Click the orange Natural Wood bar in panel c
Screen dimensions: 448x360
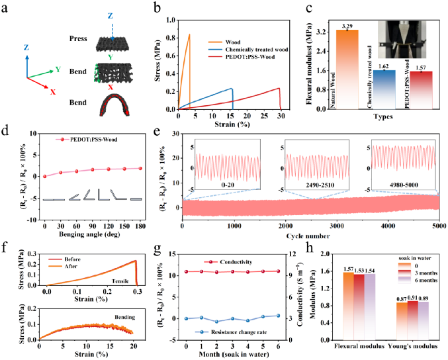[347, 69]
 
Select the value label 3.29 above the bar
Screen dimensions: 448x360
[347, 26]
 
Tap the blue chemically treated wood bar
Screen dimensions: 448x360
[384, 90]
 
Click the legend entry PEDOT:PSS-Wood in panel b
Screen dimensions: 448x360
[250, 57]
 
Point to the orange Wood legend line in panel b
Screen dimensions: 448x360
[215, 42]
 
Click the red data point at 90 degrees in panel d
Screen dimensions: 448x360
[93, 169]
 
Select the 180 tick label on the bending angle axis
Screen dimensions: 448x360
[140, 226]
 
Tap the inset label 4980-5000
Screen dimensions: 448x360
[404, 185]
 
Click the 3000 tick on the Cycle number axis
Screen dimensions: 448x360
[337, 226]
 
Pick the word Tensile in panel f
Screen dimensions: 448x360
[120, 281]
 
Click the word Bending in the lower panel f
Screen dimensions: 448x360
[125, 317]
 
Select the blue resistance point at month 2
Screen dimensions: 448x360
[217, 322]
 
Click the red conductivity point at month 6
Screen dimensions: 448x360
[279, 271]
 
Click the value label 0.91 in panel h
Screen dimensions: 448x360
[413, 298]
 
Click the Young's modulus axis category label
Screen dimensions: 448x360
[412, 346]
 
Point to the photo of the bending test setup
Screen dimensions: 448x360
[402, 40]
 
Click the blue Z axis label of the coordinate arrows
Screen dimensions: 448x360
[26, 48]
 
